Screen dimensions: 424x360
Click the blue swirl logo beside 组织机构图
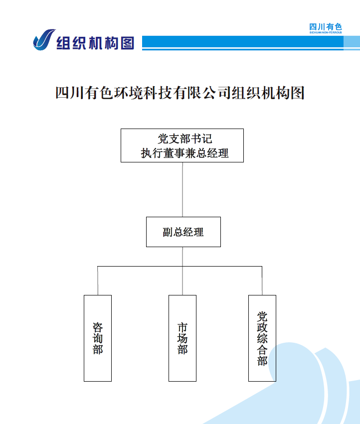click(x=44, y=40)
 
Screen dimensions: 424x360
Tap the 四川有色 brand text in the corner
click(x=326, y=27)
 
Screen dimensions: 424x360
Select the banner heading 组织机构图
click(x=95, y=43)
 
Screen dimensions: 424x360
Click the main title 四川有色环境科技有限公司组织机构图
click(x=180, y=93)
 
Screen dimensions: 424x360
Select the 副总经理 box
click(x=183, y=232)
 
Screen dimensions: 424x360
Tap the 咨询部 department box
click(x=98, y=338)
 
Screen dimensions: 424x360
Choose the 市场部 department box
click(x=182, y=338)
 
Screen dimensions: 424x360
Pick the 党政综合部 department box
click(x=262, y=338)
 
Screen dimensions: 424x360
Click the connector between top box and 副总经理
click(x=182, y=189)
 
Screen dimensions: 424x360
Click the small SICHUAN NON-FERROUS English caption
click(x=326, y=32)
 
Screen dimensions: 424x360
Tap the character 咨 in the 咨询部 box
click(x=98, y=327)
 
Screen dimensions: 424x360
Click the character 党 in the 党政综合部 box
click(x=262, y=316)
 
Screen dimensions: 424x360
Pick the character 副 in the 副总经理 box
click(x=168, y=232)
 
